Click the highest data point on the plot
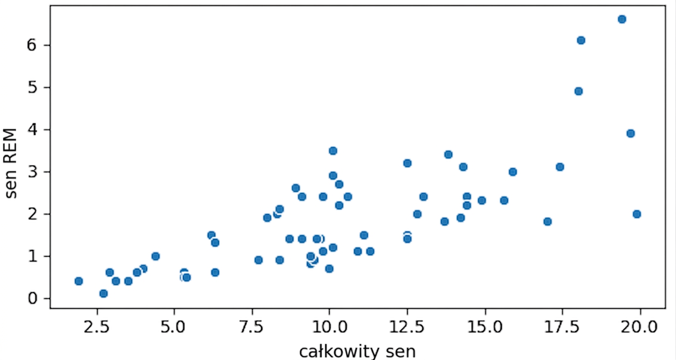coord(621,19)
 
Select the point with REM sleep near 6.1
coord(581,40)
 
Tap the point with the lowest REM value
coord(103,293)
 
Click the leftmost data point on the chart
coord(79,281)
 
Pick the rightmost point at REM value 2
coord(637,214)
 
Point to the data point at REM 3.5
coord(333,151)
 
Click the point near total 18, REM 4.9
coord(578,91)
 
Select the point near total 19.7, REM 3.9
coord(631,133)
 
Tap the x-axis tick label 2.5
coord(96,327)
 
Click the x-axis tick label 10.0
coord(330,327)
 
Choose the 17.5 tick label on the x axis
coord(562,327)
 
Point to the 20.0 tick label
coord(639,327)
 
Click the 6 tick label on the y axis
coord(32,45)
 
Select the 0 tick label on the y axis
coord(32,298)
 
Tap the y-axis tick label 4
coord(32,130)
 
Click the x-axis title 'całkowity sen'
coord(357,351)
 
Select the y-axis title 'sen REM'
coord(11,163)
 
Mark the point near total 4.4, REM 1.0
coord(155,256)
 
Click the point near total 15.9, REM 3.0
coord(513,172)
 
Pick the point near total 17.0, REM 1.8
coord(547,221)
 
